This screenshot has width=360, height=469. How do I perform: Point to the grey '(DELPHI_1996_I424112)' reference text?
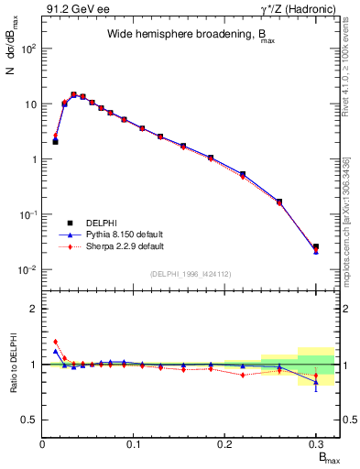[191, 273]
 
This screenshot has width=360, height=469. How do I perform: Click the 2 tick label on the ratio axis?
[34, 310]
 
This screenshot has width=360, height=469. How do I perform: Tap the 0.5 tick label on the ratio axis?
[29, 420]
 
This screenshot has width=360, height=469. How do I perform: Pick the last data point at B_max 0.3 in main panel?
[315, 247]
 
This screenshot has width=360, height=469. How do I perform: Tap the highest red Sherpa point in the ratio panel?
[55, 342]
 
